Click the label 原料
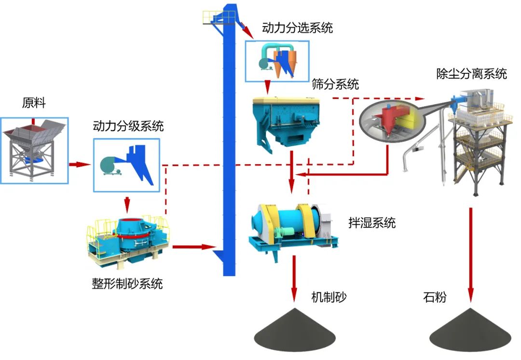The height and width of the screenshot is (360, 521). (33, 103)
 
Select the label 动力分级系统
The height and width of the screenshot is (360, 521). (128, 126)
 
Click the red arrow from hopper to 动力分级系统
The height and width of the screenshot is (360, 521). (80, 165)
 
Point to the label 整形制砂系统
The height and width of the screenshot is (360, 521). (127, 283)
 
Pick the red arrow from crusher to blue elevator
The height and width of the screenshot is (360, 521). (193, 247)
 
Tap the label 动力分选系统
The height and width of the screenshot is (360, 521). (297, 28)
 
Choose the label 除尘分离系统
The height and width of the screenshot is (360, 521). (471, 74)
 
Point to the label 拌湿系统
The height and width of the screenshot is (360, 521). (372, 222)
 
